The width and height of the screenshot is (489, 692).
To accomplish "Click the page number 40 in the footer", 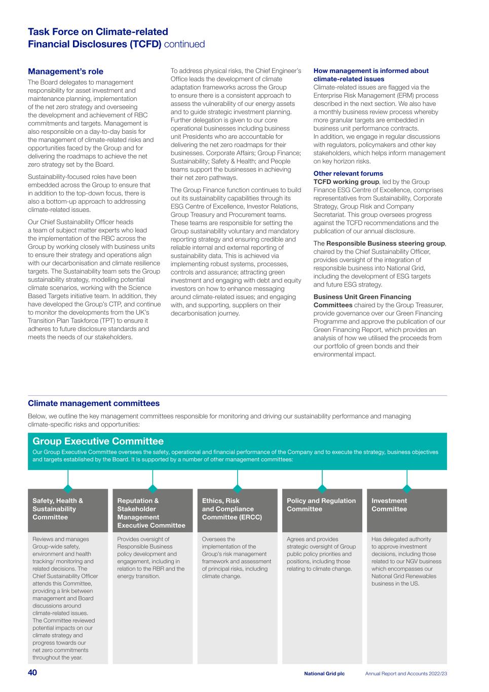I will click(32, 673).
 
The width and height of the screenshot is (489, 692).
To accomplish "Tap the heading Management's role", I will click(65, 71).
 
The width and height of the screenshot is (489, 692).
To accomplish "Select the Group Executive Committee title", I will click(98, 441).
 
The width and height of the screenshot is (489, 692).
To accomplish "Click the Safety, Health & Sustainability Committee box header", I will click(58, 509).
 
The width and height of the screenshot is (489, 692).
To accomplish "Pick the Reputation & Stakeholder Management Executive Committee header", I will click(151, 513).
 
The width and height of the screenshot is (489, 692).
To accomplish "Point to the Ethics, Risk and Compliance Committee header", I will click(232, 509).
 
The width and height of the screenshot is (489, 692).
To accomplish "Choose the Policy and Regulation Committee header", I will click(321, 505).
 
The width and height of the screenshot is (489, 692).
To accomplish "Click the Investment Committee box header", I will click(389, 505).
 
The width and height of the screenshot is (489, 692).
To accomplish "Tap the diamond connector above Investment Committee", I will click(407, 489).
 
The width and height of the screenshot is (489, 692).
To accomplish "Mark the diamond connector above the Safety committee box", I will click(68, 489).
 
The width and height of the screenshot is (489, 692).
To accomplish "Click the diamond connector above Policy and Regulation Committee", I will click(322, 489).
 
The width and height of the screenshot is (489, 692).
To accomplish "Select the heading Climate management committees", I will click(94, 404).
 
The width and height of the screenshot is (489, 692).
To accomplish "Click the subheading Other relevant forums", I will click(348, 173).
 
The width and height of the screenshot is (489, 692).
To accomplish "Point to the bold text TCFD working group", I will click(346, 181).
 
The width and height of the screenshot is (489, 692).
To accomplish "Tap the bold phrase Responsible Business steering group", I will click(386, 243).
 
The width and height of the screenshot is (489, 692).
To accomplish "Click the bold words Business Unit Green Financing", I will click(362, 297).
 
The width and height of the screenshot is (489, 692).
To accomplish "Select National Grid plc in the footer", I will click(324, 674).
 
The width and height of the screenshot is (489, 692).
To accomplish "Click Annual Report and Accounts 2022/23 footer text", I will click(406, 674).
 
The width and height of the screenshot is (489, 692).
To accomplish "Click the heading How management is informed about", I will click(371, 71).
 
